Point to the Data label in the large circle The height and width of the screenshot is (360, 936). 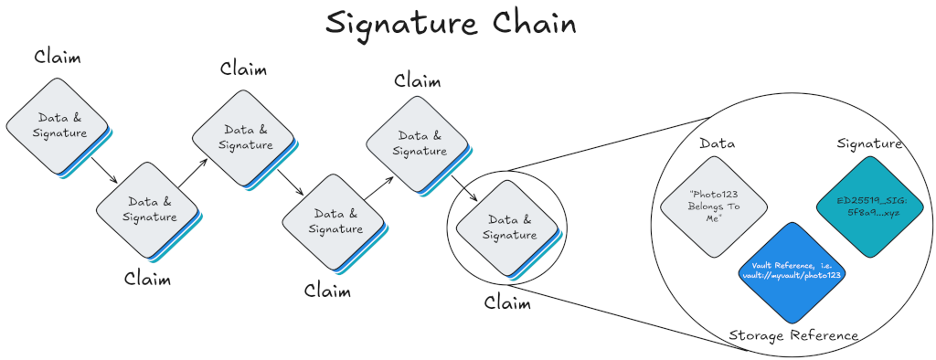[x=718, y=143]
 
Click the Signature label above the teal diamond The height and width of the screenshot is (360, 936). [x=869, y=143]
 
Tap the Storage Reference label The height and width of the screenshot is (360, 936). [x=793, y=335]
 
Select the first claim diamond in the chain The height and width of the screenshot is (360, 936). [x=57, y=125]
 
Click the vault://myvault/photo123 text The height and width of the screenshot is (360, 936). [x=792, y=272]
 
